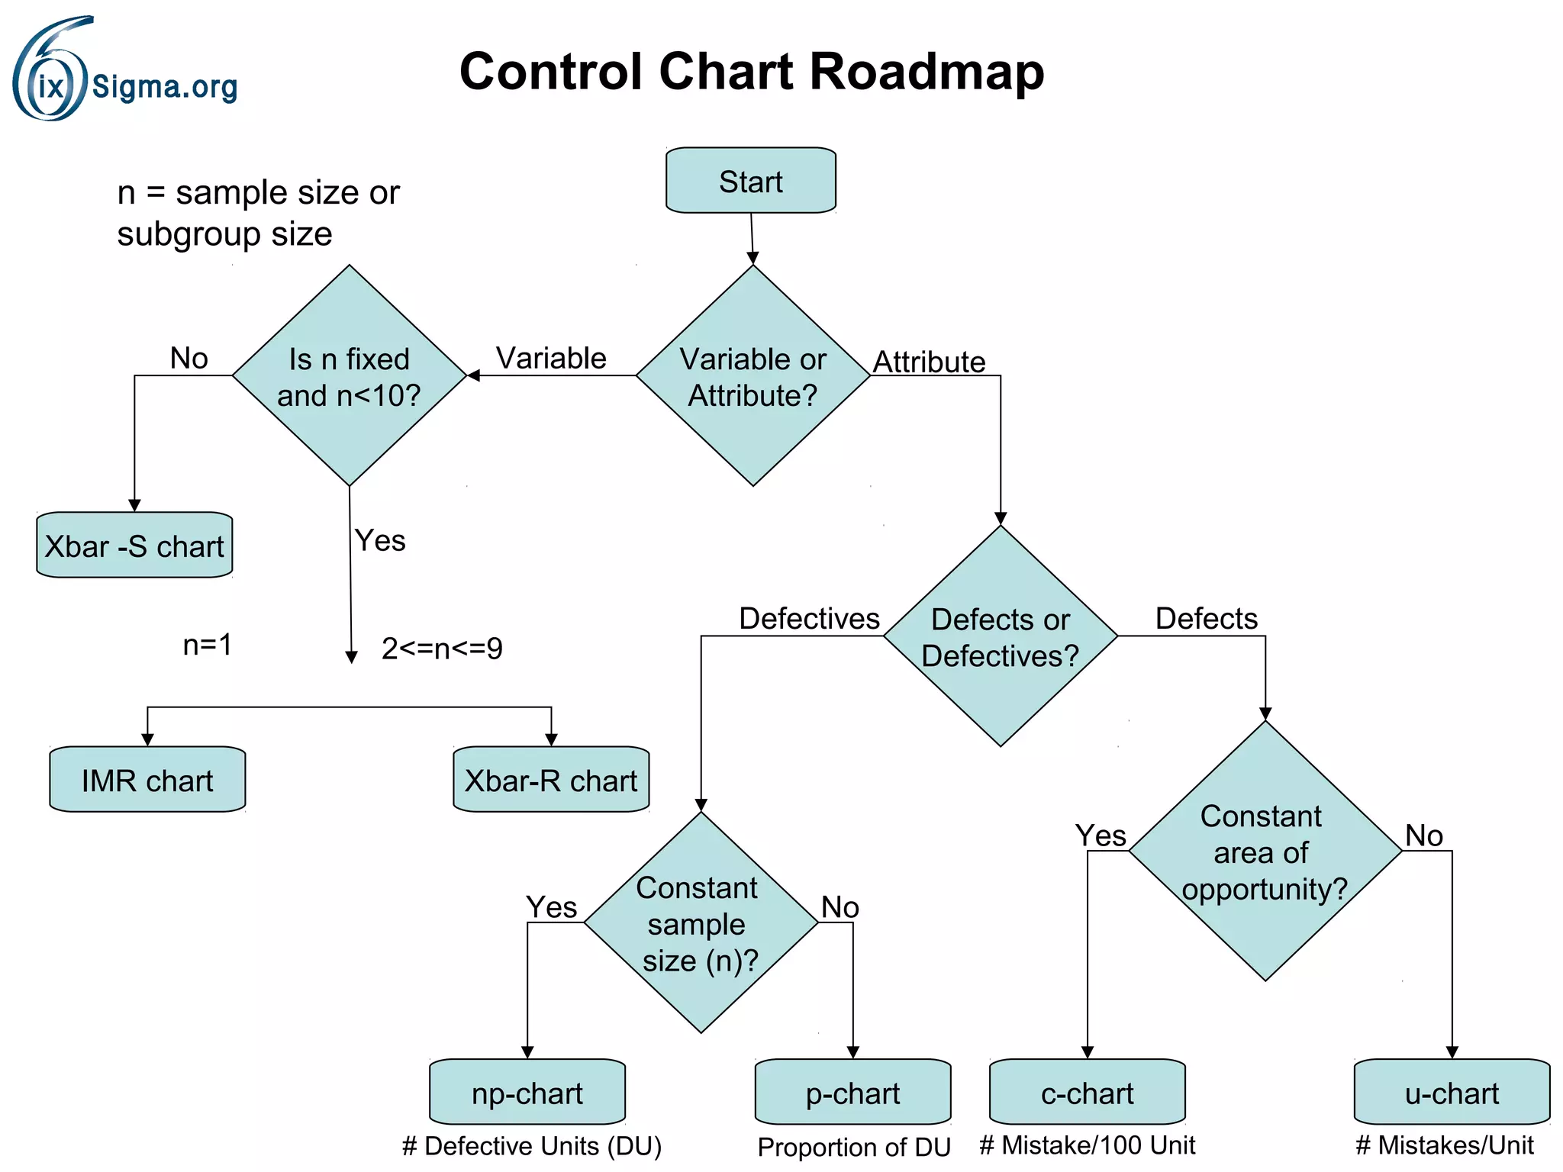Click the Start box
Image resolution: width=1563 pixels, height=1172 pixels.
[750, 181]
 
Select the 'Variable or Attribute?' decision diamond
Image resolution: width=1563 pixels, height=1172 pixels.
[752, 376]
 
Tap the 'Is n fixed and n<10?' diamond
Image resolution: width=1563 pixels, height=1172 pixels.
[349, 376]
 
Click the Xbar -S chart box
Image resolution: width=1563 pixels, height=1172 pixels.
[134, 546]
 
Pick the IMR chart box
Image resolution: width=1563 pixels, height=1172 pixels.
[147, 780]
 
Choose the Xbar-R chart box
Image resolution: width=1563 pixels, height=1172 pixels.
[550, 780]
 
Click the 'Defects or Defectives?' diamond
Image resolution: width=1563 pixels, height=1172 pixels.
[1000, 636]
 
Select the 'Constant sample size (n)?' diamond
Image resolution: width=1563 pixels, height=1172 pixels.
[700, 923]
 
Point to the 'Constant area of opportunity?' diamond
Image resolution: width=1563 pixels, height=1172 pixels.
[1265, 852]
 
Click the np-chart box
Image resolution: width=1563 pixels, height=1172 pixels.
[527, 1093]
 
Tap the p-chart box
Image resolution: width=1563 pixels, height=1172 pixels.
[852, 1093]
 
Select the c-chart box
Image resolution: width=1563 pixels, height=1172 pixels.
[1087, 1093]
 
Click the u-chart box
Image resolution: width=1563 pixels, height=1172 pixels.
[1452, 1093]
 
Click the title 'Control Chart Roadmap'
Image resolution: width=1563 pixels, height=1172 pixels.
[751, 72]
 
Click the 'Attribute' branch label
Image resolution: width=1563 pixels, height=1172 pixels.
[929, 362]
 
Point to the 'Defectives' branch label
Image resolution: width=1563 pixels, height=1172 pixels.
[809, 618]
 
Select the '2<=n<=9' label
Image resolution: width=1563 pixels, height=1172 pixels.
[442, 649]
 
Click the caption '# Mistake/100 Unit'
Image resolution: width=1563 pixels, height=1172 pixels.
[1087, 1145]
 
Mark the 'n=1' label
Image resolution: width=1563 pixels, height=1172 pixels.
[207, 645]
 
